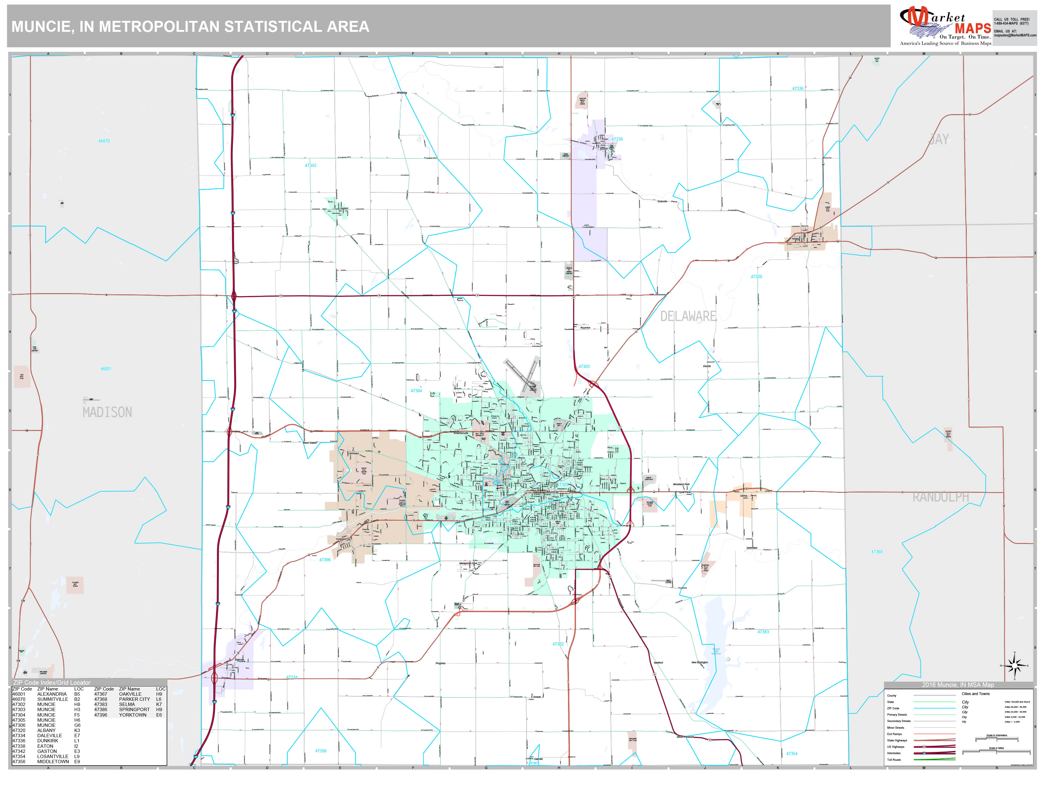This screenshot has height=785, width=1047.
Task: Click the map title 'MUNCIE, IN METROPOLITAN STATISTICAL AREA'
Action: coord(190,26)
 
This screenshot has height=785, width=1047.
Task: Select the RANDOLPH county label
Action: coord(940,497)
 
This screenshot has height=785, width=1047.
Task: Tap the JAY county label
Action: coord(939,140)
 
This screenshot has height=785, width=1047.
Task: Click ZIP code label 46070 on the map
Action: coord(104,141)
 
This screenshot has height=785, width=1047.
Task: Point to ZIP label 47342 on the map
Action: coord(311,166)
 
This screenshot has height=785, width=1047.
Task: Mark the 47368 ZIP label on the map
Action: coord(877,552)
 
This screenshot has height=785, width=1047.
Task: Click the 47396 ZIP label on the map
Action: coord(325,560)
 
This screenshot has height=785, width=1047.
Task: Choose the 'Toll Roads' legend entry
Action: coord(894,760)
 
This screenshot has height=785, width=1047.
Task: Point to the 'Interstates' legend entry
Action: coord(894,753)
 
